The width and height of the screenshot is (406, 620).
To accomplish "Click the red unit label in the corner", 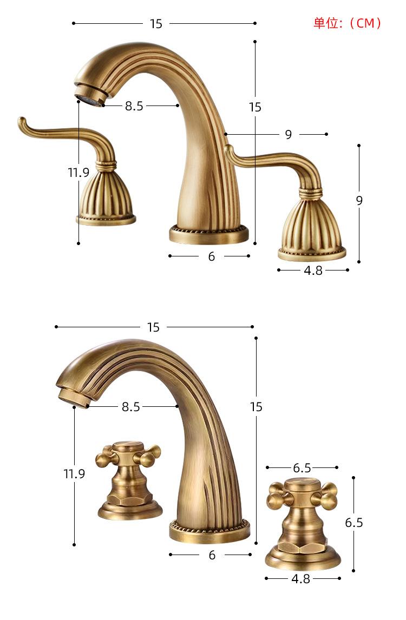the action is pos(347,23).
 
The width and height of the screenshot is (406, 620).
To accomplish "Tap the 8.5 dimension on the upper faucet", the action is pos(134,106).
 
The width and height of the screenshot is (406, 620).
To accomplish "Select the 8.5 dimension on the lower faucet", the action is pos(131,406).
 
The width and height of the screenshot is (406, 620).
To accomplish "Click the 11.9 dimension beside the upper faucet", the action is pos(78,173).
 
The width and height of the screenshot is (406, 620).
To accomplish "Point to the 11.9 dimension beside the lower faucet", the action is pos(74,473).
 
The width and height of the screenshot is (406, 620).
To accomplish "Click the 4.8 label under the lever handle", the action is pos(313,271).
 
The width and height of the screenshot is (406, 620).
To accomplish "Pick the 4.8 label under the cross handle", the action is pos(301,579).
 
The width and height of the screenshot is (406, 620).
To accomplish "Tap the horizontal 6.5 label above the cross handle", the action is pos(302,468).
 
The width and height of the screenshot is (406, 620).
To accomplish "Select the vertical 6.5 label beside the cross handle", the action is pos(354,522).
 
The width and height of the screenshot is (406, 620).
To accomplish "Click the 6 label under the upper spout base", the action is pos(212,256).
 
